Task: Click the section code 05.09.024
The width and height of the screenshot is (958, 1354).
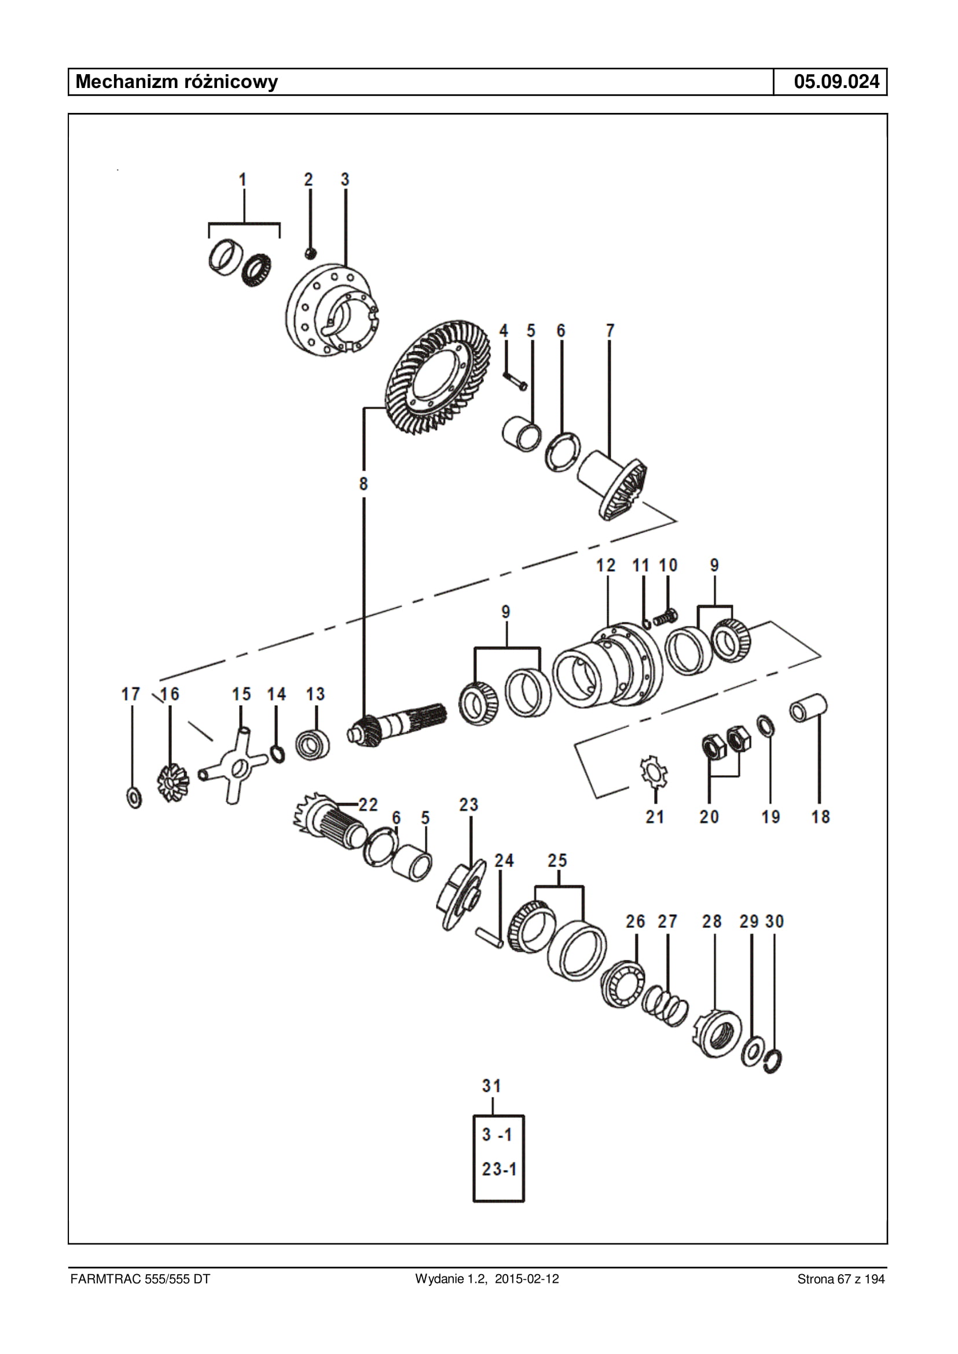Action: (x=836, y=82)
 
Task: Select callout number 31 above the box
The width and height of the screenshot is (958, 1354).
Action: (x=491, y=1085)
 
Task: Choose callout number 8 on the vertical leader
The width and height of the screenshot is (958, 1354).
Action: (x=364, y=484)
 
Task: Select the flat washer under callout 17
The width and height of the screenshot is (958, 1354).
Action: (x=134, y=798)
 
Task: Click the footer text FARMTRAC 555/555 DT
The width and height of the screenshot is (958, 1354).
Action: (x=140, y=1279)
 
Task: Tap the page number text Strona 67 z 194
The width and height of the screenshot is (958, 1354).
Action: (x=840, y=1279)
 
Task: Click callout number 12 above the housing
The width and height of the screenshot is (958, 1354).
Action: (x=606, y=565)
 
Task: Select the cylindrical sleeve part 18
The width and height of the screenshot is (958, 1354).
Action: (x=808, y=708)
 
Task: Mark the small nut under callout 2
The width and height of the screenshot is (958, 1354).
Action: (x=311, y=253)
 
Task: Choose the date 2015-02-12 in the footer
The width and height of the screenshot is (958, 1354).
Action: (x=527, y=1279)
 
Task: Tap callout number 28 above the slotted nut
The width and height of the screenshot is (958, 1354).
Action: (x=711, y=922)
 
